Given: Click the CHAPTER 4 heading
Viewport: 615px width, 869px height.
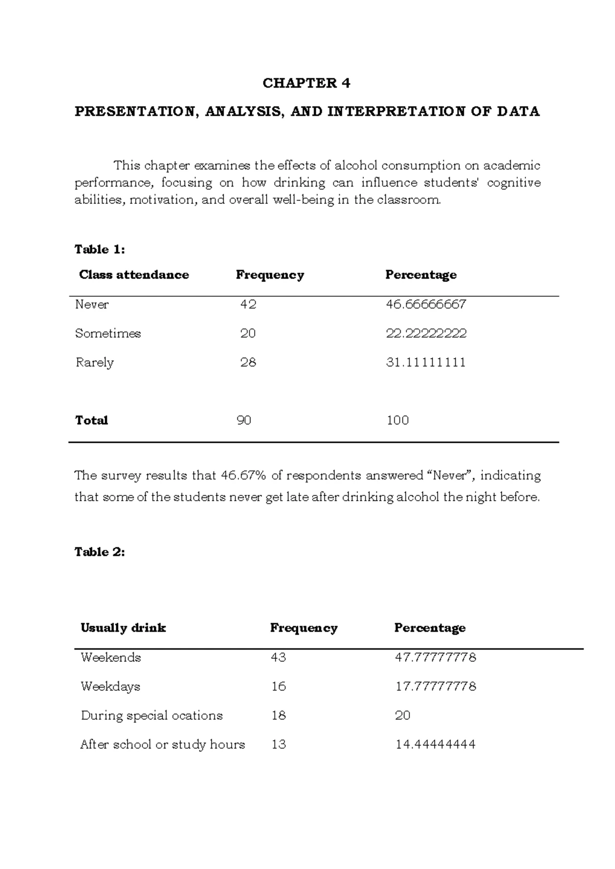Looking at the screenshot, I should tap(306, 83).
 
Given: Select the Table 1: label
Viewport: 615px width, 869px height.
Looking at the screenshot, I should tap(99, 250).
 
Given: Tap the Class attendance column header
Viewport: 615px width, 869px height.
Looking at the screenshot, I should tap(134, 275).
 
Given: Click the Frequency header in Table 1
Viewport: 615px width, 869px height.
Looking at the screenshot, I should tap(270, 275).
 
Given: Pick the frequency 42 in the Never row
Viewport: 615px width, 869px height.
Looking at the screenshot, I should tap(248, 304).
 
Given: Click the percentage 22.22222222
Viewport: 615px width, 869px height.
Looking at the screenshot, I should tap(426, 334).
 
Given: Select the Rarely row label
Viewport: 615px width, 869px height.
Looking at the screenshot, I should tap(94, 363).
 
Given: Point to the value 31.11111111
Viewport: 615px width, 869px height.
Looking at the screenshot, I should tap(425, 363).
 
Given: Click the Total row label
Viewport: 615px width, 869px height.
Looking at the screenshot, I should tap(91, 421).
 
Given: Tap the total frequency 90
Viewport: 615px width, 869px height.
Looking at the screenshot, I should tap(244, 421).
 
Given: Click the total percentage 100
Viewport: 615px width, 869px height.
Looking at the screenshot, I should tap(397, 421).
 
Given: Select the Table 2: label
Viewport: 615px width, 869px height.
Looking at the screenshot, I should tap(99, 552).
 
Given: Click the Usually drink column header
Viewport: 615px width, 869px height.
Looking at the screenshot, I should tap(123, 628).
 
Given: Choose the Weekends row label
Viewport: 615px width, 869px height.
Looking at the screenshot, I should tap(110, 657).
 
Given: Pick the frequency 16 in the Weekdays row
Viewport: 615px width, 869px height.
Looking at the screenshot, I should tap(278, 687).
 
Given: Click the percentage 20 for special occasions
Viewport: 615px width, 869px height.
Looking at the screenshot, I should tap(402, 716).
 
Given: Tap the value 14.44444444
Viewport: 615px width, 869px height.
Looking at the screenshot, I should tap(435, 744).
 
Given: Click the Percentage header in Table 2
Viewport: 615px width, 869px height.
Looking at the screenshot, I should tap(429, 628).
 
